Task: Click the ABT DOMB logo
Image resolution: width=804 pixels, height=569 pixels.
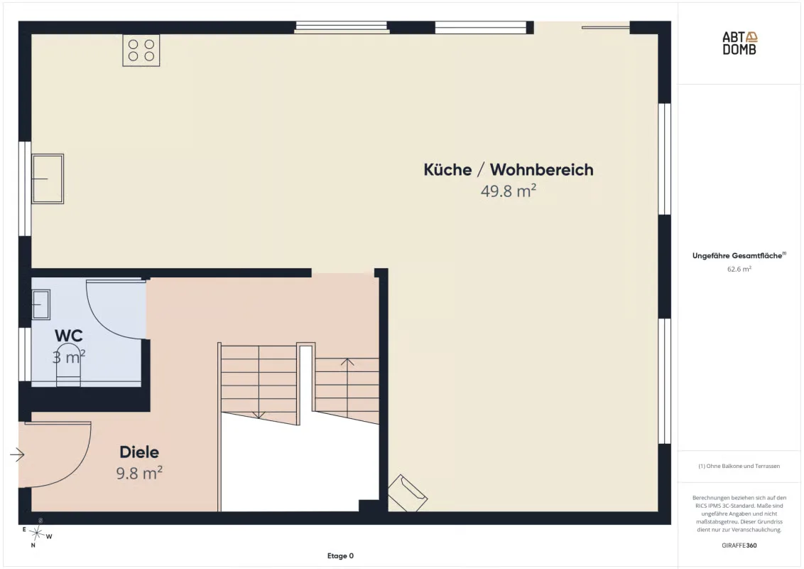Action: (x=739, y=43)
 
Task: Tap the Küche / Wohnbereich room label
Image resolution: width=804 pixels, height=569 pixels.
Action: (x=508, y=170)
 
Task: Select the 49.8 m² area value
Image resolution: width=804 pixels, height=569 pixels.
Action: (x=508, y=191)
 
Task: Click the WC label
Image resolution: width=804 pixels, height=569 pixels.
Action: (x=69, y=336)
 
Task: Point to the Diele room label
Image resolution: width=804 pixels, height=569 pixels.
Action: (x=139, y=452)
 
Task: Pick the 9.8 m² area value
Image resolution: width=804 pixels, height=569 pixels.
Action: (x=139, y=472)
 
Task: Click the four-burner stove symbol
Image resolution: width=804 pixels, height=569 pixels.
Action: (x=141, y=50)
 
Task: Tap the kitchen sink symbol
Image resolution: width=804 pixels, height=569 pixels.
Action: (x=48, y=179)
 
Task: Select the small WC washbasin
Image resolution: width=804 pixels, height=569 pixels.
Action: (x=41, y=304)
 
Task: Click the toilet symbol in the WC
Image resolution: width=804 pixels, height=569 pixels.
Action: (x=68, y=366)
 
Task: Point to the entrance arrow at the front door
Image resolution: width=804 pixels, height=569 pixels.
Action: (x=17, y=454)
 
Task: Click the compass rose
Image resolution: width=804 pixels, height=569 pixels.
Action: (x=36, y=533)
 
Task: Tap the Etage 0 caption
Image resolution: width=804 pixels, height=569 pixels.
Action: (x=340, y=555)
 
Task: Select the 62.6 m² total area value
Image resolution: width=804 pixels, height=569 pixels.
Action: (x=739, y=269)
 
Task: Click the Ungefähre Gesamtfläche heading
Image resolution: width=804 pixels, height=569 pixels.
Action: (x=739, y=255)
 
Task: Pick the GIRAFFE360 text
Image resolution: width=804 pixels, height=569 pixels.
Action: (x=739, y=546)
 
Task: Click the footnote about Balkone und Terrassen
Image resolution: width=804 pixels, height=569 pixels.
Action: (x=739, y=467)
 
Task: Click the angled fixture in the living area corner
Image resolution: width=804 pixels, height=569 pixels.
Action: (x=407, y=494)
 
